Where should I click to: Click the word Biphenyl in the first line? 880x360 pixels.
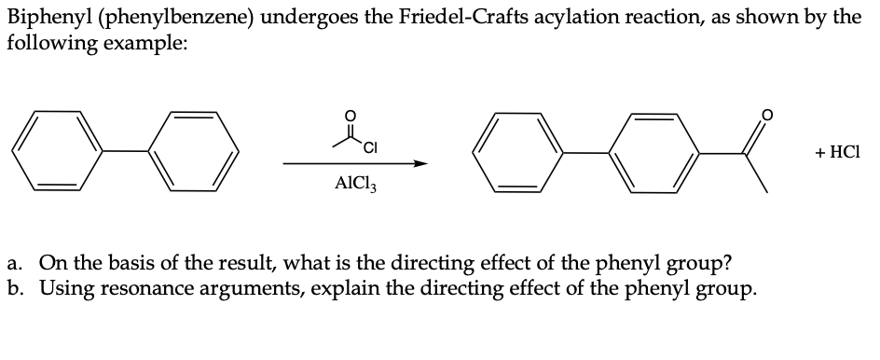pos(43,19)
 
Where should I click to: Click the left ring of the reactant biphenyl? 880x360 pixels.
pos(59,151)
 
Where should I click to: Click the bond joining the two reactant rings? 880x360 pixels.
pos(126,151)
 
